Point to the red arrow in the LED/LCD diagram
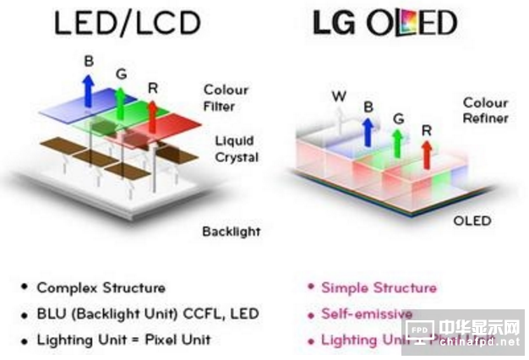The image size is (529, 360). tap(153, 114)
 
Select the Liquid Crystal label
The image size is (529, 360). tap(235, 149)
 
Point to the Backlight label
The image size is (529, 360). tap(232, 231)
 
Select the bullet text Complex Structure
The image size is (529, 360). tap(101, 288)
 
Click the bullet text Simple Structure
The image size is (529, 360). tap(379, 288)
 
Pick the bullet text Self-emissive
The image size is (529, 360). tap(367, 314)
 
